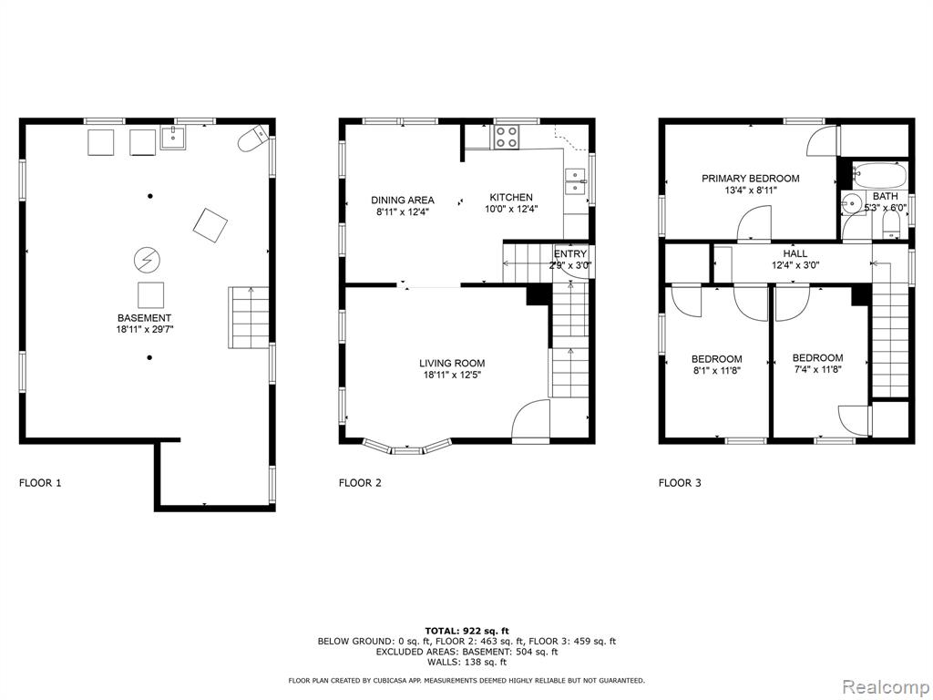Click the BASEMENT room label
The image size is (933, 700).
145,318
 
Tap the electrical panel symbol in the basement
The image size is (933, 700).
147,259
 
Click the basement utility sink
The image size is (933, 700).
173,139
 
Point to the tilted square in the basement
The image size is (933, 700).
210,225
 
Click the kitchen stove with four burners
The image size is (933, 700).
507,137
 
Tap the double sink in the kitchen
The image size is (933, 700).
576,181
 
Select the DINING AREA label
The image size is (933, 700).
403,200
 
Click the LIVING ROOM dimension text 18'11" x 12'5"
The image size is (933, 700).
452,375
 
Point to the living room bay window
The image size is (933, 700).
407,448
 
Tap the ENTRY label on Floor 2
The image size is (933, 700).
570,254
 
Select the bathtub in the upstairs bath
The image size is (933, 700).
879,175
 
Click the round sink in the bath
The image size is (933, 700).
853,204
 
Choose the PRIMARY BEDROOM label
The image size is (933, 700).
751,178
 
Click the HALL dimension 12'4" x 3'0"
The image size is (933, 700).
795,265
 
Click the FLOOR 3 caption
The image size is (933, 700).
680,483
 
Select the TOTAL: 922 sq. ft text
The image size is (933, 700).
467,631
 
